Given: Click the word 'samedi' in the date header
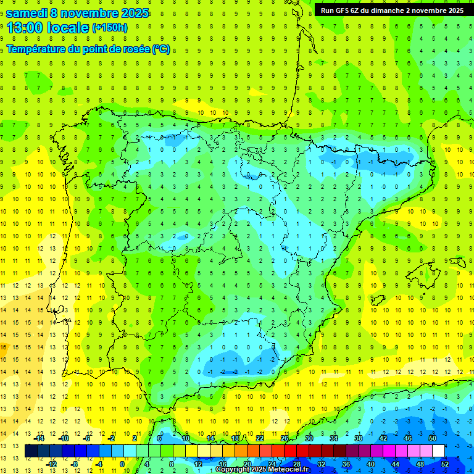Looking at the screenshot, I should click(x=29, y=12).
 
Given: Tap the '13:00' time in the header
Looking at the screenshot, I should click(x=25, y=27).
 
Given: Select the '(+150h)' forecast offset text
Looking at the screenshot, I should click(x=110, y=27).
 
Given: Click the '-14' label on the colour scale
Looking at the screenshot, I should click(x=39, y=438).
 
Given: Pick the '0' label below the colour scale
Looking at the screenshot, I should click(x=122, y=464).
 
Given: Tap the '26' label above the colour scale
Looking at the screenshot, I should click(x=285, y=438).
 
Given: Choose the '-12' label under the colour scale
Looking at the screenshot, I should click(x=52, y=464).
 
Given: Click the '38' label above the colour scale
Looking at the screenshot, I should click(x=359, y=438).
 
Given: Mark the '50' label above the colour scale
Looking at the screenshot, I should click(x=433, y=438).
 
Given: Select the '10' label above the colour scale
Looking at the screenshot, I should click(x=186, y=438).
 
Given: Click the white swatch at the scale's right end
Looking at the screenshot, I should click(x=438, y=451).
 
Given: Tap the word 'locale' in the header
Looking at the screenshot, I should click(x=69, y=27).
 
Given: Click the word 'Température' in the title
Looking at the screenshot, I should click(x=37, y=49).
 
